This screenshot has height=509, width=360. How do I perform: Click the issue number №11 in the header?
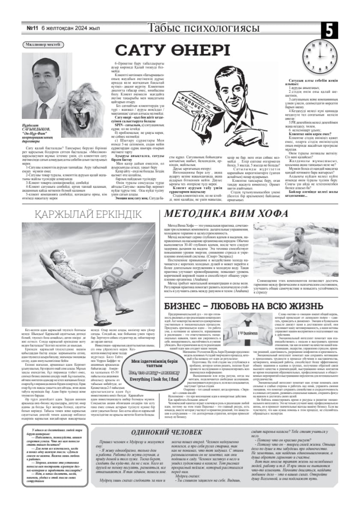tap(33, 29)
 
